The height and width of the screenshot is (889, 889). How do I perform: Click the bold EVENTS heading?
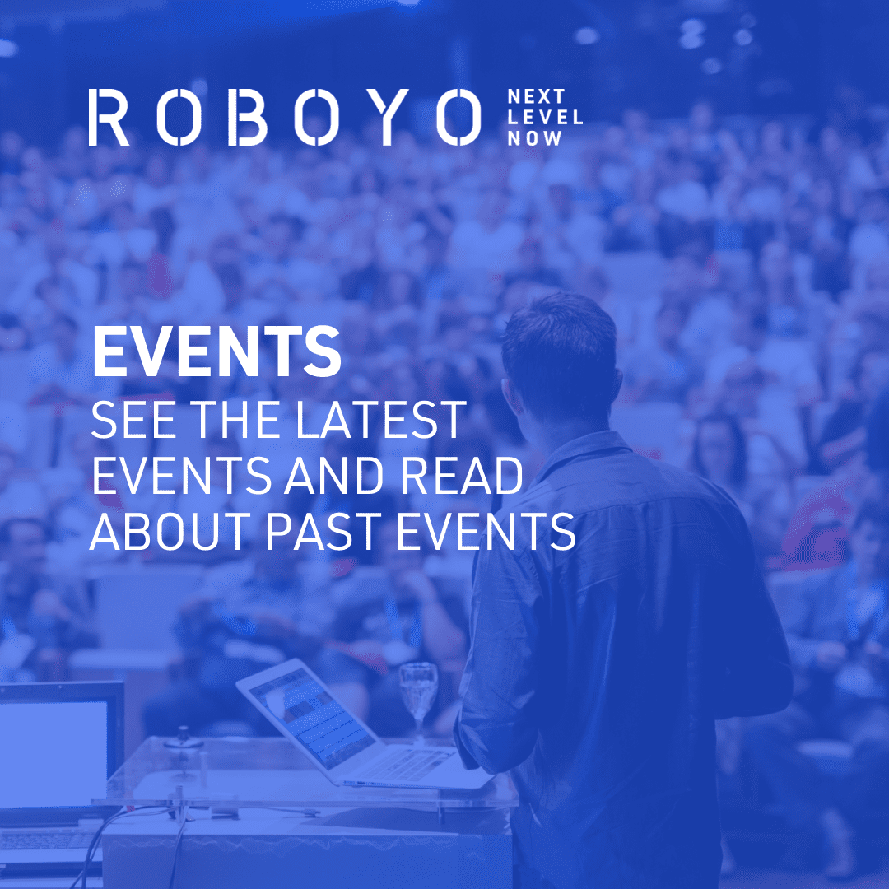(216, 351)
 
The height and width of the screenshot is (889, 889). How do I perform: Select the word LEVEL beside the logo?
(545, 118)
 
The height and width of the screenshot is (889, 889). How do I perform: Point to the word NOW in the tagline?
(535, 138)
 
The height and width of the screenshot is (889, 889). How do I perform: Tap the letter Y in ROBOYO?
(388, 118)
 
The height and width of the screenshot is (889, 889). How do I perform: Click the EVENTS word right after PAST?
(486, 532)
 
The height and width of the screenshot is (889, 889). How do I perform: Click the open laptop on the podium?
(346, 724)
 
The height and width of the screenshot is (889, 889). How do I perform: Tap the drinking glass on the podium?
(418, 696)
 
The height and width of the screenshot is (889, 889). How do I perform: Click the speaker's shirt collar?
(576, 449)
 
